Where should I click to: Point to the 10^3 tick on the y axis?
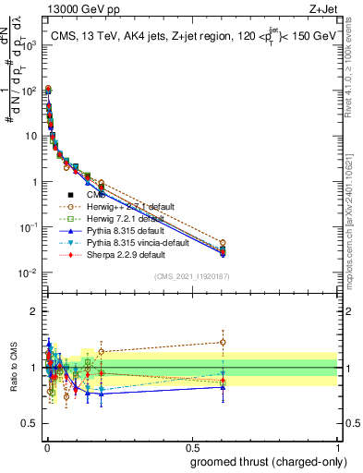[26, 44]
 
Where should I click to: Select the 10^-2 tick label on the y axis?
[26, 273]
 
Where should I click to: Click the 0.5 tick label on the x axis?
[191, 446]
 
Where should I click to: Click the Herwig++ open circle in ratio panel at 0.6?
[222, 342]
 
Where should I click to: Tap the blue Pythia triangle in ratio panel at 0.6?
[222, 387]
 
